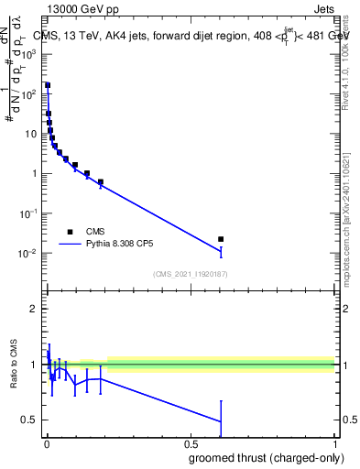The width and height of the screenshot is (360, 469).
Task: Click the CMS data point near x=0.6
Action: pos(221,239)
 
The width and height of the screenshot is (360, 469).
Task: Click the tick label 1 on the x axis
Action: pos(333,443)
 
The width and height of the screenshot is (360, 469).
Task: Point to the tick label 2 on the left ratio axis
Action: pos(35,309)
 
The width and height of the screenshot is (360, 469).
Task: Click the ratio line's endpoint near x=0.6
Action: pos(221,421)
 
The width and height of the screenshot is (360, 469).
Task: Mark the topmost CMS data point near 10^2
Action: pos(48,85)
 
